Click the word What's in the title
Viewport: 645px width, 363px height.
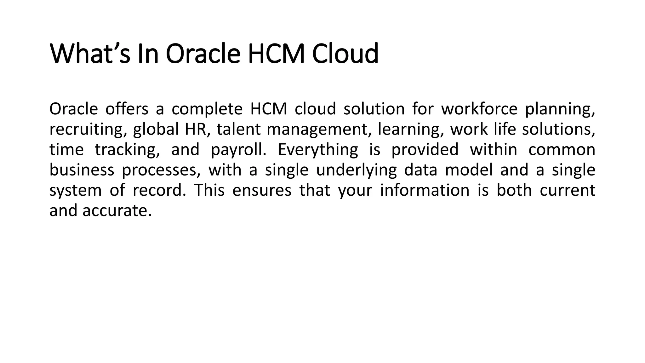90,54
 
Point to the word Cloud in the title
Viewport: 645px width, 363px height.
345,54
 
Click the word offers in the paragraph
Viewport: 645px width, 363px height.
127,109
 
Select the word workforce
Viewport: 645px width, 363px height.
479,109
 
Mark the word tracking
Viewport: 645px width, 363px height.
127,150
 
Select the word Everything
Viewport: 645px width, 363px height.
318,150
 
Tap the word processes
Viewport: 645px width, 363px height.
161,170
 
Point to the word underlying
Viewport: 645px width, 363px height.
357,170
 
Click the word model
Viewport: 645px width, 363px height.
469,170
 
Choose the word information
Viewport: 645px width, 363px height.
425,190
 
